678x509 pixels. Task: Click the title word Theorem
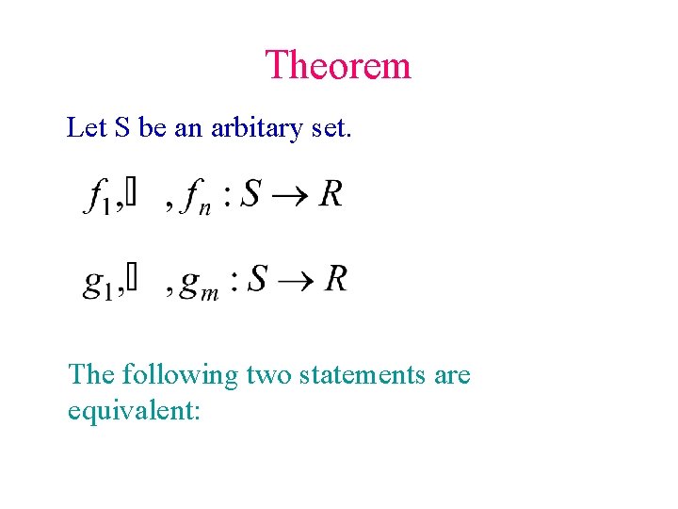[x=338, y=66]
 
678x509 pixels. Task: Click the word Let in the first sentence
[x=87, y=127]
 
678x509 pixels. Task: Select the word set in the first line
[x=331, y=128]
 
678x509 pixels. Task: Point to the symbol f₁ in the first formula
[x=100, y=197]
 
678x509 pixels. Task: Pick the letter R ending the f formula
[x=330, y=194]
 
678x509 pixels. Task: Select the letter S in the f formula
[x=251, y=194]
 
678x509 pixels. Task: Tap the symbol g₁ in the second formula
[x=99, y=283]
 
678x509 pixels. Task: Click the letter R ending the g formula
[x=335, y=278]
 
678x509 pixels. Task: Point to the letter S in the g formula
[x=257, y=278]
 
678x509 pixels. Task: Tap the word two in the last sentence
[x=269, y=375]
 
